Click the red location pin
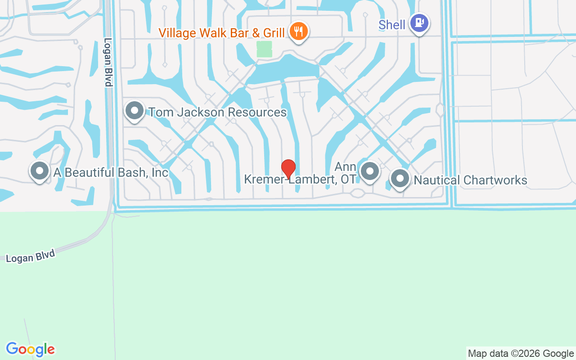point(288,168)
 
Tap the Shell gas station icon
point(419,22)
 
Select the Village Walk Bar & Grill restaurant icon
point(298,31)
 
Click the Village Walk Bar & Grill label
point(221,33)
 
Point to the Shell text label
point(391,25)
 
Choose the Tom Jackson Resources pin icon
point(134,111)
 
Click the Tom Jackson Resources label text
point(217,112)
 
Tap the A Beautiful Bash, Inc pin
point(40,171)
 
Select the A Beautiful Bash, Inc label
point(111,172)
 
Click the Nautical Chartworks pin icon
point(400,179)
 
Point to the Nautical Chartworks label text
point(470,180)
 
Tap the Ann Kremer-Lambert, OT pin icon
point(370,171)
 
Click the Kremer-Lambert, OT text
point(300,179)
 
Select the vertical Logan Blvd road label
point(108,62)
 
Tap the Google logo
point(30,349)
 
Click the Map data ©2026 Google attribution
point(521,353)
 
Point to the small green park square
point(264,49)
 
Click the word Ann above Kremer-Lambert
point(346,167)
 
